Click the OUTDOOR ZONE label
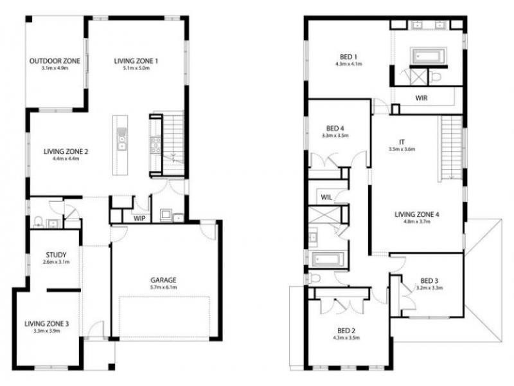[x=55, y=61]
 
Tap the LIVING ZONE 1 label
[x=136, y=61]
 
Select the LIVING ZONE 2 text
[x=66, y=152]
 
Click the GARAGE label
[x=164, y=280]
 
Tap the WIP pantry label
[x=139, y=219]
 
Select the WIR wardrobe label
[x=421, y=98]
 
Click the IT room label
[x=402, y=142]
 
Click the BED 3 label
[x=430, y=280]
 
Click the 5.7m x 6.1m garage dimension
[x=164, y=288]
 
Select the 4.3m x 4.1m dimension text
[x=349, y=64]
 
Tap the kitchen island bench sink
[x=121, y=136]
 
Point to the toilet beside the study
[x=39, y=223]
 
